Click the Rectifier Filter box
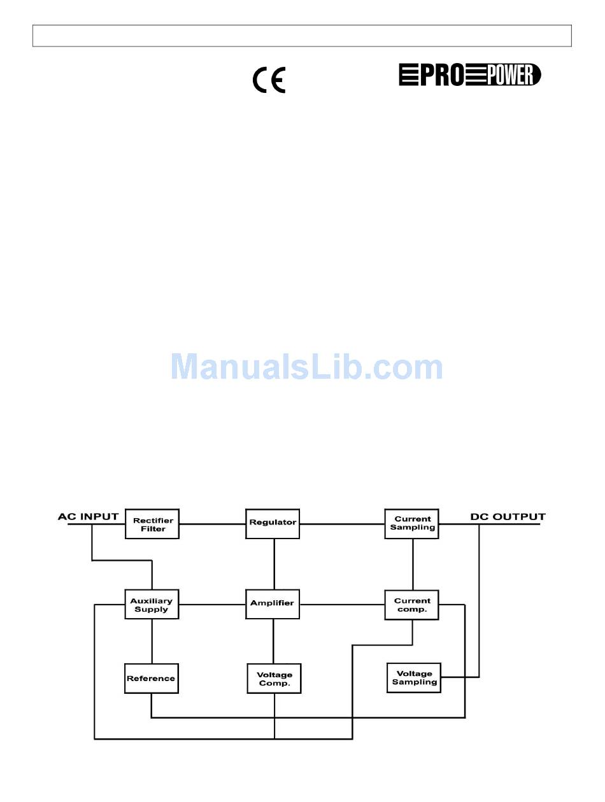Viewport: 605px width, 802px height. pos(152,524)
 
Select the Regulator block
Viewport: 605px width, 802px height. pos(273,523)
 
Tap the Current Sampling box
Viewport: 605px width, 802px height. pos(411,523)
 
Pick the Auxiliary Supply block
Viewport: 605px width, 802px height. pos(152,604)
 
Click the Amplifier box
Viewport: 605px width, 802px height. pos(273,603)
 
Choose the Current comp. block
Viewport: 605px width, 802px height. pos(411,604)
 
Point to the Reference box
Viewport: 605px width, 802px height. pos(151,679)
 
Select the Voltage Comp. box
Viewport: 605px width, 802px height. pos(274,679)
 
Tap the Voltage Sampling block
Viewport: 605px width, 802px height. pos(414,678)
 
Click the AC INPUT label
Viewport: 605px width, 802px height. pos(89,516)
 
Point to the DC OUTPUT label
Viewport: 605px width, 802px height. pos(508,517)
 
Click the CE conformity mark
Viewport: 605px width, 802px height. pos(269,80)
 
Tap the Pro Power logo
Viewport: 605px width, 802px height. pos(470,75)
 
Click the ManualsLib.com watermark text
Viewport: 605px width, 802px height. pos(306,367)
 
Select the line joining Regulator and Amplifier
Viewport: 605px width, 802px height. pos(274,564)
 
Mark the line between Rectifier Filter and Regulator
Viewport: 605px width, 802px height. pos(212,524)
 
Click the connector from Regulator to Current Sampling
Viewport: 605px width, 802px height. pos(342,524)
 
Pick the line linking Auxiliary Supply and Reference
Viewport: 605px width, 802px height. pos(152,641)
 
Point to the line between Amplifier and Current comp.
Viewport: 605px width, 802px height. pos(342,604)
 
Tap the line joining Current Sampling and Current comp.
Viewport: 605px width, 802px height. pos(413,564)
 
